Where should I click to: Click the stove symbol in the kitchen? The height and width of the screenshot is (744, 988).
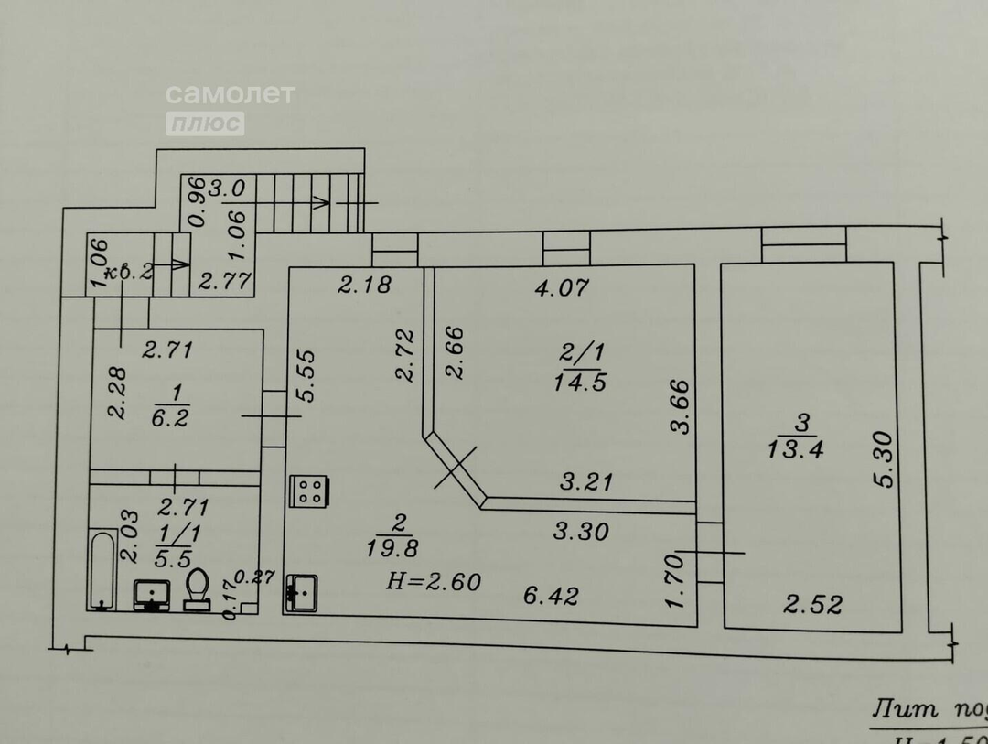pos(308,491)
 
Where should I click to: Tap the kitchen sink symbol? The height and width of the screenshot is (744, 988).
pos(301,592)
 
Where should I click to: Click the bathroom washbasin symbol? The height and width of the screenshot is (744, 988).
pos(152,594)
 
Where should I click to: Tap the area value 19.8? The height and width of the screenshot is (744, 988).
pos(402,547)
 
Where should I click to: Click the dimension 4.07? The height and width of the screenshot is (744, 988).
pos(562,288)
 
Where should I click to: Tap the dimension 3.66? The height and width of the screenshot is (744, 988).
pos(678,405)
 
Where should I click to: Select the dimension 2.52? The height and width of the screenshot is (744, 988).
pos(812,604)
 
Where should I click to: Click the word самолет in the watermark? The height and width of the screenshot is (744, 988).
pos(230,93)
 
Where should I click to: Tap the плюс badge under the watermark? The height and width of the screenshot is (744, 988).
pos(205,123)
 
